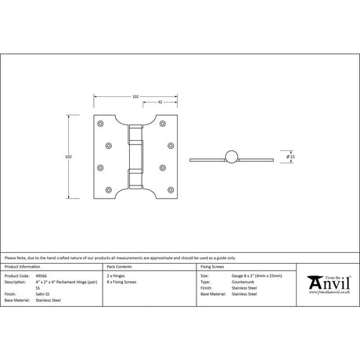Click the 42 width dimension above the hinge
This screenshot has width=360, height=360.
pyautogui.click(x=160, y=103)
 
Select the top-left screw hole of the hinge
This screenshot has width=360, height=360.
pyautogui.click(x=99, y=124)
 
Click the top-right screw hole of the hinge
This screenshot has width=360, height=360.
pyautogui.click(x=170, y=124)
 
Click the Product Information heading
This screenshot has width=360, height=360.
pyautogui.click(x=23, y=267)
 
